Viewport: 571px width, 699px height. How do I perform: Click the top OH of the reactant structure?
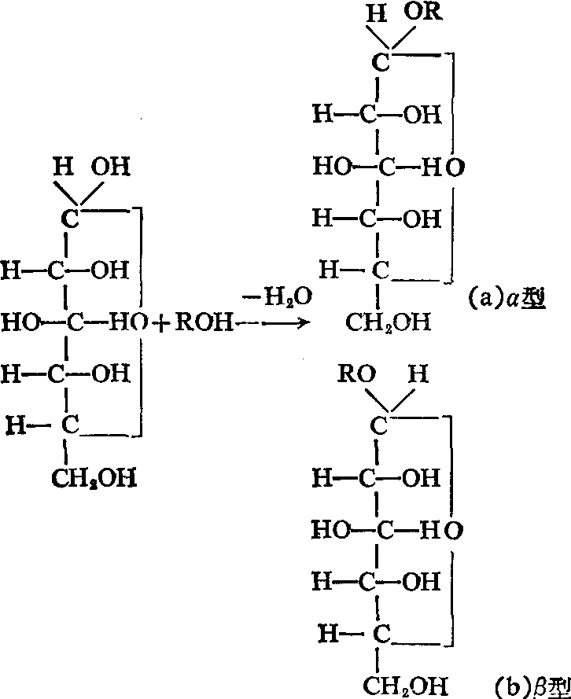pyautogui.click(x=110, y=167)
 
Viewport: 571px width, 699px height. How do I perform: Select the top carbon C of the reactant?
pyautogui.click(x=70, y=219)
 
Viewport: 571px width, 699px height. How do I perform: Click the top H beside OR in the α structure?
pyautogui.click(x=378, y=14)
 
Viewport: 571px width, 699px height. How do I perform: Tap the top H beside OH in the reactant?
pyautogui.click(x=59, y=167)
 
